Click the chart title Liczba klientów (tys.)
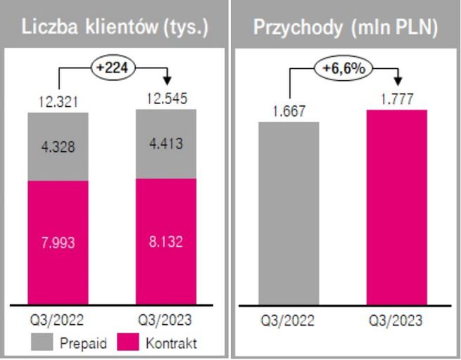(x=115, y=27)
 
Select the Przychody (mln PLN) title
(x=346, y=27)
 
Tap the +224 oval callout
(x=113, y=67)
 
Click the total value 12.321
(x=59, y=103)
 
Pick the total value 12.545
(x=166, y=100)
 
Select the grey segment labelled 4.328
(x=58, y=146)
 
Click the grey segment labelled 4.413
(x=166, y=144)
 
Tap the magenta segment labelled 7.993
(x=58, y=243)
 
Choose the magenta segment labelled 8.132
(x=166, y=241)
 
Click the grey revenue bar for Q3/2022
(x=289, y=214)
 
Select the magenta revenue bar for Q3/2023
(x=396, y=207)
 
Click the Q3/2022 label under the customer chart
(x=58, y=321)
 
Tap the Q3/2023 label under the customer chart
(x=166, y=321)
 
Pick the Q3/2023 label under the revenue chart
(x=396, y=321)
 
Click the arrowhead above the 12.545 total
(x=167, y=79)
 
